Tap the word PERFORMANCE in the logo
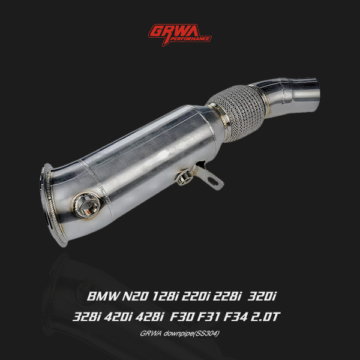pyautogui.click(x=190, y=39)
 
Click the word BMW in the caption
pyautogui.click(x=103, y=296)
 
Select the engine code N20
pyautogui.click(x=136, y=296)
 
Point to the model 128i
pyautogui.click(x=166, y=296)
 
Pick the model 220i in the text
pyautogui.click(x=196, y=296)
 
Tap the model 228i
pyautogui.click(x=227, y=296)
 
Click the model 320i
pyautogui.click(x=262, y=296)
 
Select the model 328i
pyautogui.click(x=87, y=317)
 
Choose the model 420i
pyautogui.click(x=118, y=317)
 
